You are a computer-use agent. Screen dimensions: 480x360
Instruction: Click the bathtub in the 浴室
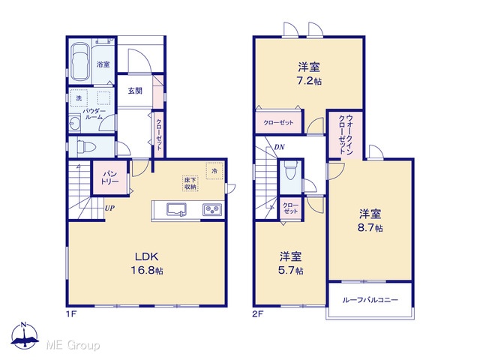click(80, 62)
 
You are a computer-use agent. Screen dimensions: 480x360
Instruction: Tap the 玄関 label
click(135, 91)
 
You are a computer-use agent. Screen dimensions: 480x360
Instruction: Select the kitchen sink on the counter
click(176, 209)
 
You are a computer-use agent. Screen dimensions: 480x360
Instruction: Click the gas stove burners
click(212, 210)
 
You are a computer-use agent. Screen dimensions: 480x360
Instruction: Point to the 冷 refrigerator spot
click(214, 171)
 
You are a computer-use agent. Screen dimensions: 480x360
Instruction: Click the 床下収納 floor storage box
click(190, 183)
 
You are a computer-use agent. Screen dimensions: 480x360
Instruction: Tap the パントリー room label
click(110, 178)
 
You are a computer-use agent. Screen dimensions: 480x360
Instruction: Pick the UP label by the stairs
click(109, 208)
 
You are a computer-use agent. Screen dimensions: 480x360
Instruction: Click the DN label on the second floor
click(279, 147)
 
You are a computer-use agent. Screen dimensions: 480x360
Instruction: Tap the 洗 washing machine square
click(79, 98)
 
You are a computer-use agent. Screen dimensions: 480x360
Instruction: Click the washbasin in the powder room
click(74, 124)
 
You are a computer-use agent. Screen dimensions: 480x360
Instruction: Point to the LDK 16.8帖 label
click(147, 263)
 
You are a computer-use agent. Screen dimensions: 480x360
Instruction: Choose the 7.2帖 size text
click(310, 82)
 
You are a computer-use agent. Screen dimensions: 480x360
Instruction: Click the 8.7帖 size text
click(370, 228)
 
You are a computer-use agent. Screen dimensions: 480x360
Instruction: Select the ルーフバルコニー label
click(370, 300)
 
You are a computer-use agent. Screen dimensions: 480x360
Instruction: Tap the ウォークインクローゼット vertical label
click(346, 134)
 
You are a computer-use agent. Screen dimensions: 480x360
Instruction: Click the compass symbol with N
click(25, 335)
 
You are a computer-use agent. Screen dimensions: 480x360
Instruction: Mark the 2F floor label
click(258, 314)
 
